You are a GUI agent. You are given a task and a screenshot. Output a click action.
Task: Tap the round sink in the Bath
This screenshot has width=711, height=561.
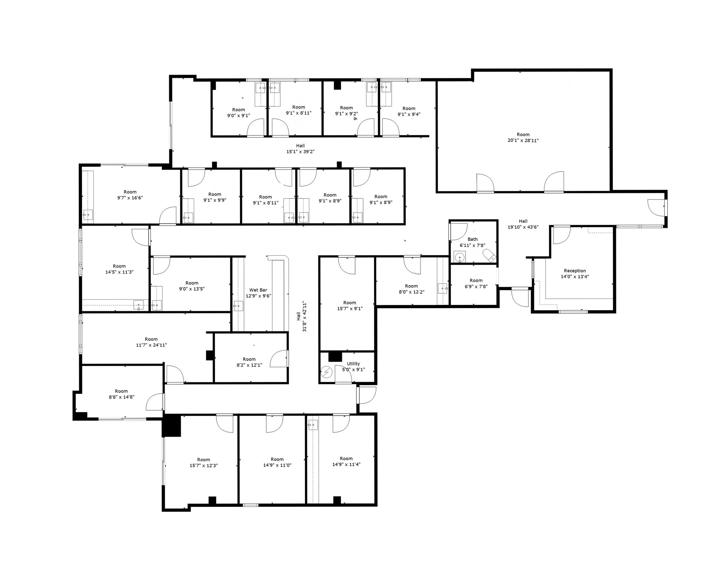(x=460, y=257)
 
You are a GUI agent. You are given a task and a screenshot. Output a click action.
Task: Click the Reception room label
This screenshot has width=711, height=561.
(x=575, y=274)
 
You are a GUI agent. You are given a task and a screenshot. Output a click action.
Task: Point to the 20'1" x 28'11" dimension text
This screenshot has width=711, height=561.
(x=523, y=141)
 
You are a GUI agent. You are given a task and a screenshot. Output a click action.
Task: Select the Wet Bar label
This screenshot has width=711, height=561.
(x=258, y=290)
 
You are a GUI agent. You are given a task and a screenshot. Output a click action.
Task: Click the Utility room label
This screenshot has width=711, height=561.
(x=353, y=364)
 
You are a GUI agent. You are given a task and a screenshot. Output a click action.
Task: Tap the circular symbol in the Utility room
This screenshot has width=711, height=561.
(x=327, y=372)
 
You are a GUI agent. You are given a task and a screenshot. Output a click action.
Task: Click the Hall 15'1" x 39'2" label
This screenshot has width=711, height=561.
(x=300, y=149)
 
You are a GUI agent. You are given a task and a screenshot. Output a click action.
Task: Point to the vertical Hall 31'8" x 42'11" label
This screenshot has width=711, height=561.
(x=301, y=316)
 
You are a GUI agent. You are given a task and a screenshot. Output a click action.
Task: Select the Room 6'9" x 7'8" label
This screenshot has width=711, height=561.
(x=476, y=283)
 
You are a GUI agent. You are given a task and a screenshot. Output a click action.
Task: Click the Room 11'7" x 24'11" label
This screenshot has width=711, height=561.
(x=151, y=342)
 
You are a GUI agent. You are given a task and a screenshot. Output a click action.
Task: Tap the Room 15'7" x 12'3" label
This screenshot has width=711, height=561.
(x=203, y=463)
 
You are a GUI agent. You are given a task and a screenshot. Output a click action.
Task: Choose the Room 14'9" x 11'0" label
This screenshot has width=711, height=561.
(x=277, y=462)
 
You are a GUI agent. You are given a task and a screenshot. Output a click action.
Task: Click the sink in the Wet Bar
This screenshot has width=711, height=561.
(x=238, y=306)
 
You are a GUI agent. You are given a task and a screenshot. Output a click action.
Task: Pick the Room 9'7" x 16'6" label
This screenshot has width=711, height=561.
(x=130, y=195)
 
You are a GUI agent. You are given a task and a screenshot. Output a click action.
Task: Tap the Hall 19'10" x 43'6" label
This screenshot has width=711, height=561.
(x=523, y=224)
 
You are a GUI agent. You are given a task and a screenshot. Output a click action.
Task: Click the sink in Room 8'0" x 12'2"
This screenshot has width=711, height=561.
(x=442, y=288)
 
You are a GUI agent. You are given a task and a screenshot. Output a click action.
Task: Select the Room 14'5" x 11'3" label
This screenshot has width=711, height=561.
(x=119, y=269)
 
